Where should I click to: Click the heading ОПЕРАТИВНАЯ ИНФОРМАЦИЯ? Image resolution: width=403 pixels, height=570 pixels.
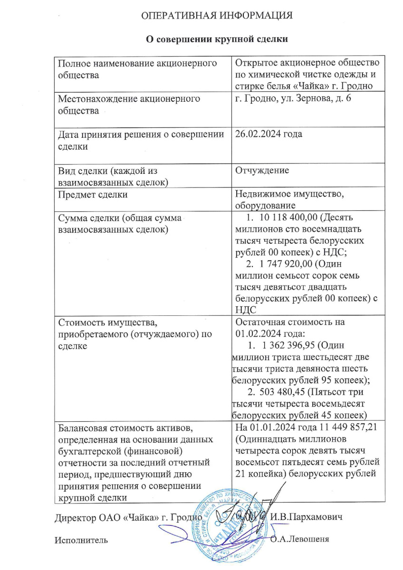pyautogui.click(x=217, y=16)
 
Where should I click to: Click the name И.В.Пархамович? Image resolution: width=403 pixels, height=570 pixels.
pyautogui.click(x=307, y=516)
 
